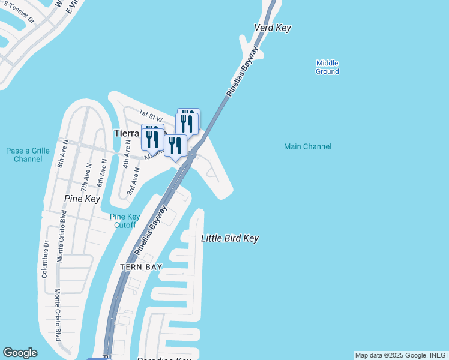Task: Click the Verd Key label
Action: [273, 28]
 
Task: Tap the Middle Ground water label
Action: [327, 67]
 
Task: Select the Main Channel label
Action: [307, 146]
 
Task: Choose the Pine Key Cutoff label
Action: [125, 221]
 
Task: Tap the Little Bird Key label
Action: [229, 238]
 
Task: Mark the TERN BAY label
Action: [141, 267]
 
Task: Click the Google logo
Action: [20, 353]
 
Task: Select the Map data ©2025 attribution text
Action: [401, 355]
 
